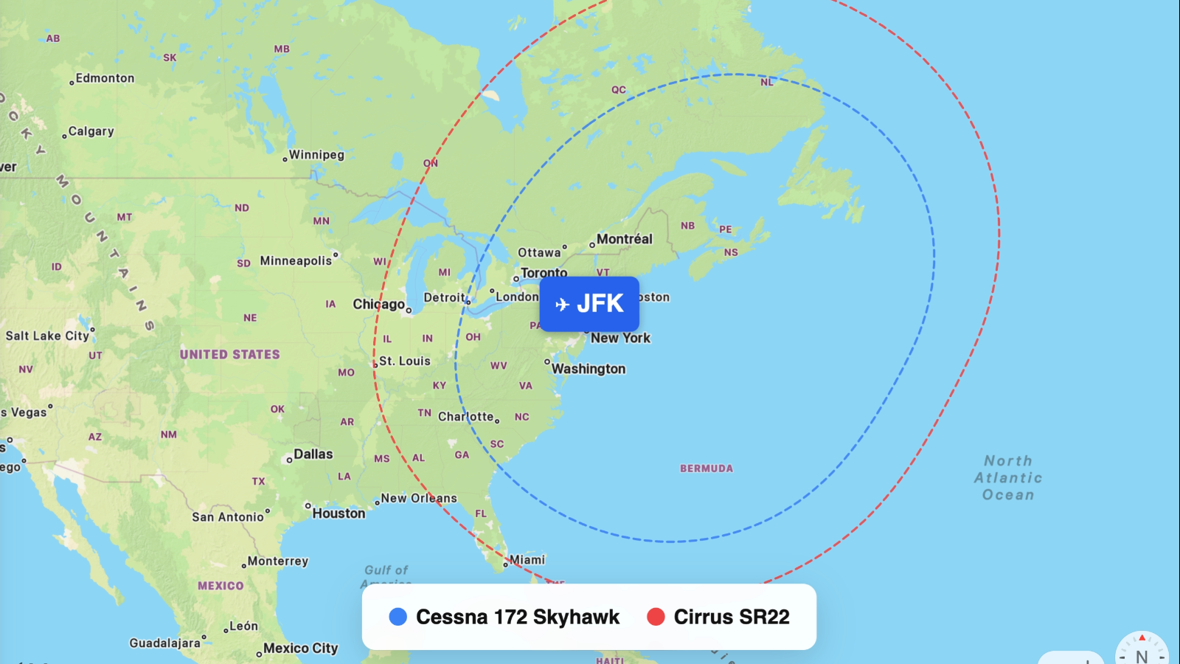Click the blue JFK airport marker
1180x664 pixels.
coord(589,303)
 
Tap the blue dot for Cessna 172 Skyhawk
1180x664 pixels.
coord(398,617)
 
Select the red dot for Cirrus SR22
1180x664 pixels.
coord(656,617)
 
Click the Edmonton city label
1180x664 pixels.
coord(105,78)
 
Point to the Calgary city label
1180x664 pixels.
coord(91,131)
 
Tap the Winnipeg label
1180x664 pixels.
coord(316,155)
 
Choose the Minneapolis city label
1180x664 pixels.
coord(296,260)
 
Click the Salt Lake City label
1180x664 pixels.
coord(48,336)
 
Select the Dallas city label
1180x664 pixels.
coord(313,454)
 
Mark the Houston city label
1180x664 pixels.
coord(339,513)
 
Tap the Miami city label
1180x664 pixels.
coord(527,560)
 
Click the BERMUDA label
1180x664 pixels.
coord(707,468)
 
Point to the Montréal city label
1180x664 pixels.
coord(624,239)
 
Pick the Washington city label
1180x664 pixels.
coord(589,369)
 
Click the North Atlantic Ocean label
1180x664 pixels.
coord(1008,477)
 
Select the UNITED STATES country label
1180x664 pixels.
coord(230,354)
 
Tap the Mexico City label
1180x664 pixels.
coord(300,649)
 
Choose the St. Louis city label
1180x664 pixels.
coord(405,361)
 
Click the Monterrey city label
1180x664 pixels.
coord(278,561)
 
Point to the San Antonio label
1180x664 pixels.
coord(228,517)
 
